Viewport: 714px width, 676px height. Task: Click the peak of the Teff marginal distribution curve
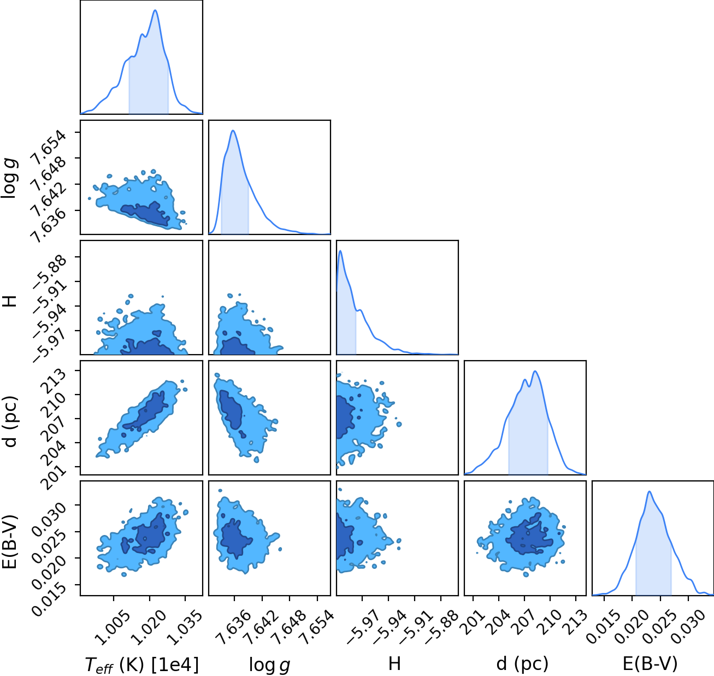[155, 10]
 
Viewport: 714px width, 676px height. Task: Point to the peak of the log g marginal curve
[233, 131]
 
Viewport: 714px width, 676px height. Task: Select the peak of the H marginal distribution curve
[340, 250]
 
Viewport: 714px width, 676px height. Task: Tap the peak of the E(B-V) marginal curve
[649, 491]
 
